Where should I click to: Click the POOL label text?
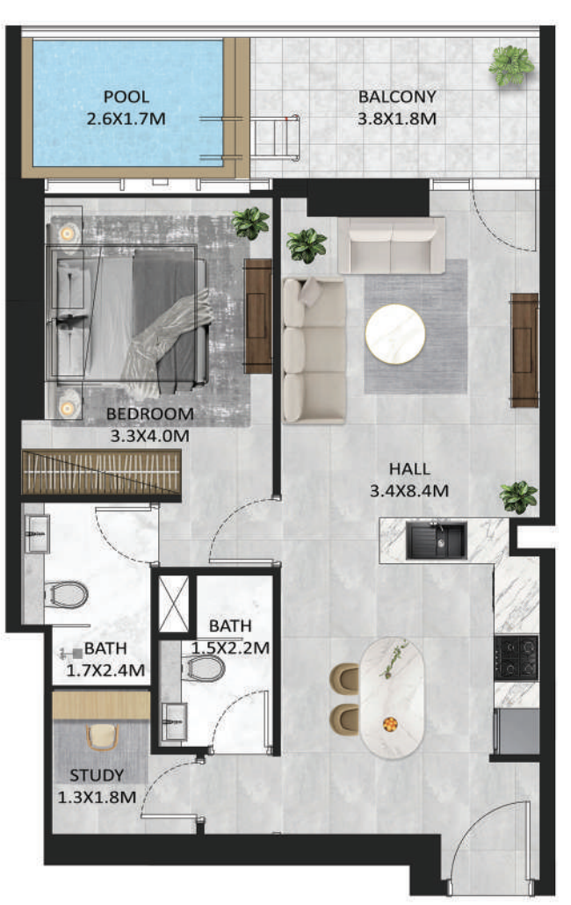(x=126, y=97)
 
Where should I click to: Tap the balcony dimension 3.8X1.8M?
(x=397, y=119)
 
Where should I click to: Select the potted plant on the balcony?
(x=511, y=66)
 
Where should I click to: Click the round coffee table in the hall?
(x=395, y=334)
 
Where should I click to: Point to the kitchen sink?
(x=436, y=540)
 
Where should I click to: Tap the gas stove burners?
(x=517, y=657)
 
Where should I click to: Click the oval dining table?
(x=392, y=699)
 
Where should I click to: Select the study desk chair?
(x=102, y=737)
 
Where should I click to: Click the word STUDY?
(x=97, y=775)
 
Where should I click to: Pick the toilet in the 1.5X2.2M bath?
(x=204, y=669)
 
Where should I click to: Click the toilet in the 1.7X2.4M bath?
(x=66, y=595)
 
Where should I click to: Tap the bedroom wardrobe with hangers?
(x=102, y=473)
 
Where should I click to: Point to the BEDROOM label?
(x=150, y=414)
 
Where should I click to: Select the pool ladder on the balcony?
(x=273, y=137)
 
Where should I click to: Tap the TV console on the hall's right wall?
(x=524, y=351)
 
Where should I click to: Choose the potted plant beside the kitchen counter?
(x=518, y=497)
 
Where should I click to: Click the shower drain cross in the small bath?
(x=174, y=604)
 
